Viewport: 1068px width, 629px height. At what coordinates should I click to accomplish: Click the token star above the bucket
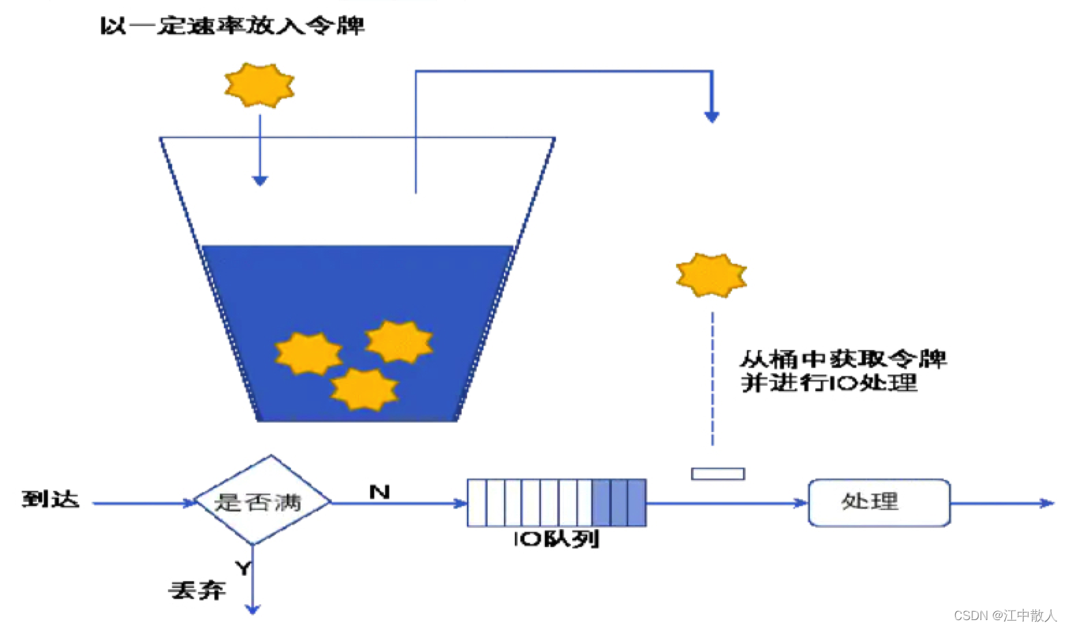point(259,85)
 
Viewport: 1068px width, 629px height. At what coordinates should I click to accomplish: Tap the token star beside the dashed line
point(711,276)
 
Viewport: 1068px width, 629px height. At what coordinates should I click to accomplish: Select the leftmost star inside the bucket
point(309,353)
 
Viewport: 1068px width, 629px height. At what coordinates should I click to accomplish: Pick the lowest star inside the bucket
point(364,388)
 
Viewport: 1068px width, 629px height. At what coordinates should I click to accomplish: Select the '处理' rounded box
point(879,503)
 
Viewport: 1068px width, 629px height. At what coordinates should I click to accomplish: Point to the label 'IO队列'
point(556,539)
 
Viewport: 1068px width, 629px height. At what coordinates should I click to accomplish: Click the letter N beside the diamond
point(379,492)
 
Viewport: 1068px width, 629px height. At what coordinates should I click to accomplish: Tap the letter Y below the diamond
point(243,567)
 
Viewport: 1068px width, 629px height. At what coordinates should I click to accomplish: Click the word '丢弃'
point(197,590)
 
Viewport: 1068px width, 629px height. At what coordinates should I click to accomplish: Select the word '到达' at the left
point(50,499)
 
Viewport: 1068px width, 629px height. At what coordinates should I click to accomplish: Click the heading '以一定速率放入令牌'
point(232,26)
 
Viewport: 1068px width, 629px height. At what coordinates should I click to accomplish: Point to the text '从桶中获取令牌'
point(843,359)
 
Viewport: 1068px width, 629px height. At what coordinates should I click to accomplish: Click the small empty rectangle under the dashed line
point(718,473)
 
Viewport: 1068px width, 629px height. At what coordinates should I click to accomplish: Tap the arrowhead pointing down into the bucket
point(259,180)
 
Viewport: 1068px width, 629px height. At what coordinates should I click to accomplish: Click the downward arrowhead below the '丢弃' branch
point(253,608)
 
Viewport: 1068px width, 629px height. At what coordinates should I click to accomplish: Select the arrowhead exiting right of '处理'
point(1048,503)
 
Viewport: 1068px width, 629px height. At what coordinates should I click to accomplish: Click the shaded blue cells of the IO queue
point(619,503)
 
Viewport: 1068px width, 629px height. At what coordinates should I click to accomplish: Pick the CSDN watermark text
point(1004,615)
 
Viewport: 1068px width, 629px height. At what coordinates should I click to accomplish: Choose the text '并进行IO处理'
point(829,383)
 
